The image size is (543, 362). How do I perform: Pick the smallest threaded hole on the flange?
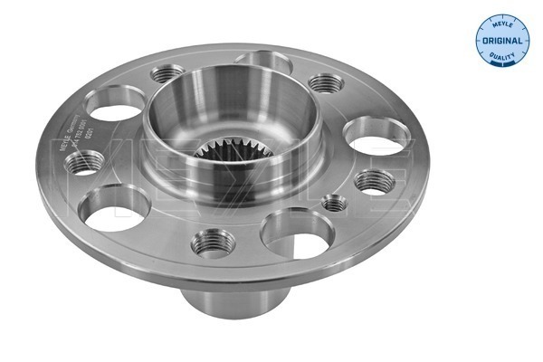pos(336,202)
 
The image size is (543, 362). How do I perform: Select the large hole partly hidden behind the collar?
pos(262,61)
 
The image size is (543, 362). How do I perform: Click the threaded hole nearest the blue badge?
pos(326,83)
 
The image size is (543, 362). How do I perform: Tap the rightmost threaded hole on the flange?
pos(374,180)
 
